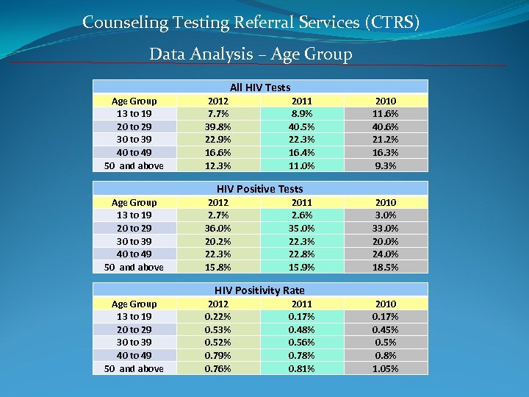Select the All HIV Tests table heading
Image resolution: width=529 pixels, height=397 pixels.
click(x=259, y=87)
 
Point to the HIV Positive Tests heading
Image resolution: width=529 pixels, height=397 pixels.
click(x=259, y=189)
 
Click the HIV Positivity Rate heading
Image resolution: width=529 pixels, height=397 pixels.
click(x=259, y=290)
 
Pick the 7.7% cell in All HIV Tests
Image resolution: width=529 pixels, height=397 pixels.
click(x=218, y=114)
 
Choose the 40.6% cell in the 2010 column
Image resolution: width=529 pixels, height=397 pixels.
click(x=385, y=126)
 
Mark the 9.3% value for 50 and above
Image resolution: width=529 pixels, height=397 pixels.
click(x=385, y=165)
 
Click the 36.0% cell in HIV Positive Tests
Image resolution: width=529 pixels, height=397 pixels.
click(x=218, y=228)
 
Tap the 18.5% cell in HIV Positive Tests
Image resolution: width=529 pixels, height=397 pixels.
click(x=385, y=267)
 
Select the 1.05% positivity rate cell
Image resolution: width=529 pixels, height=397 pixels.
click(x=385, y=368)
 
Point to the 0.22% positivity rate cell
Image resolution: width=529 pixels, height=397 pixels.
click(x=218, y=317)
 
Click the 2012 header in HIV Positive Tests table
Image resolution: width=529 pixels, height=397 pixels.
click(x=218, y=202)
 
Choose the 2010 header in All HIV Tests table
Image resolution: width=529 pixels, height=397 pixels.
click(x=385, y=101)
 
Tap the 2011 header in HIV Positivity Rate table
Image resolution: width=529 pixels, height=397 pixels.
click(x=301, y=304)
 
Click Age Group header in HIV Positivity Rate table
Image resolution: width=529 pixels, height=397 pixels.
click(x=134, y=304)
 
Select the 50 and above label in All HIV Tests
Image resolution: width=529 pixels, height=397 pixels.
click(x=134, y=165)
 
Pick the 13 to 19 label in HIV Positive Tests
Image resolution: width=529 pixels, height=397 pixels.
click(x=134, y=215)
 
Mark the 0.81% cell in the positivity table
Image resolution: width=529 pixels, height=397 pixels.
click(x=301, y=368)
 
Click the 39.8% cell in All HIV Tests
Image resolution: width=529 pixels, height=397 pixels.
click(x=218, y=126)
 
